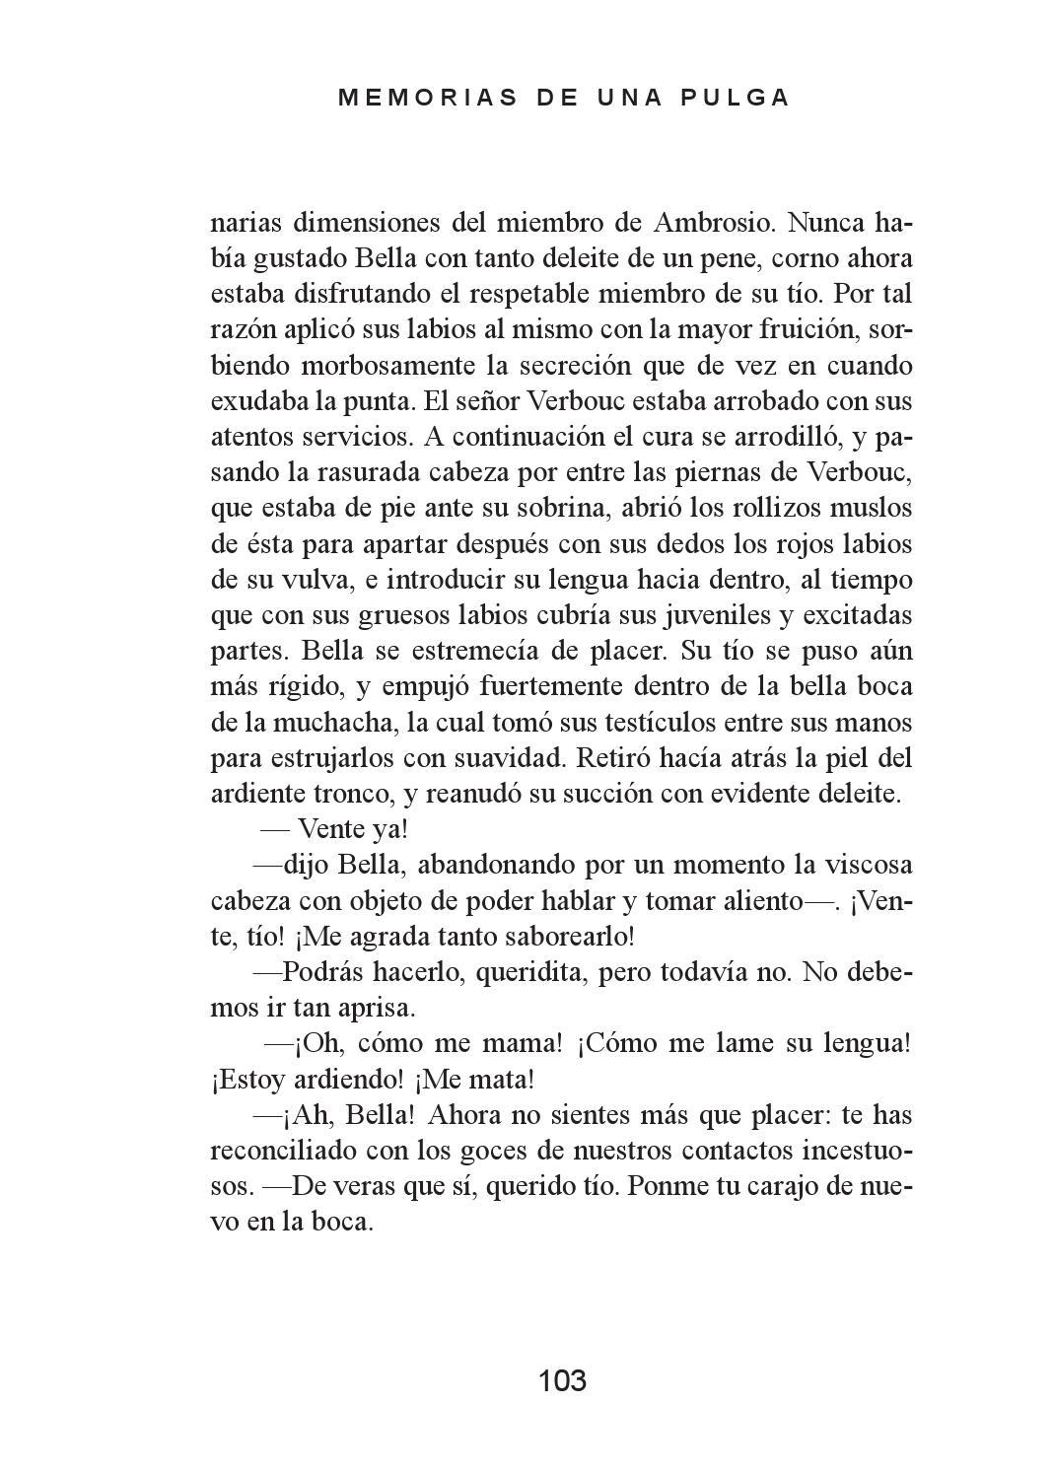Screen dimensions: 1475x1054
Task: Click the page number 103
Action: point(562,1380)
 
